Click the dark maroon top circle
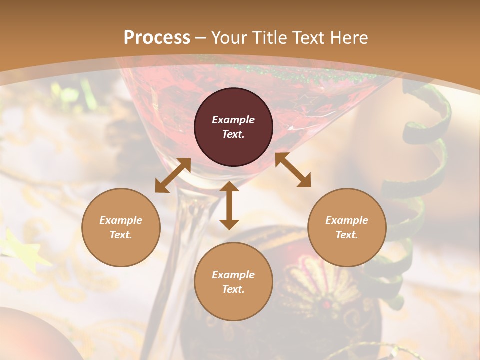click(233, 127)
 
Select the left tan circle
click(121, 227)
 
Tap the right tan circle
click(347, 227)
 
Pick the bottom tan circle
click(233, 282)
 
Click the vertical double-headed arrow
click(229, 205)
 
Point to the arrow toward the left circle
click(173, 175)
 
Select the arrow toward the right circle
click(293, 170)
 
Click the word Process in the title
click(157, 37)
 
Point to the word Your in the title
click(228, 37)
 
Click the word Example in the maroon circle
click(233, 120)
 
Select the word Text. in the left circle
click(121, 235)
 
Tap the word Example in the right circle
click(347, 220)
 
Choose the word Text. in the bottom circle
click(233, 289)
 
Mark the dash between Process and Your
click(201, 38)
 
